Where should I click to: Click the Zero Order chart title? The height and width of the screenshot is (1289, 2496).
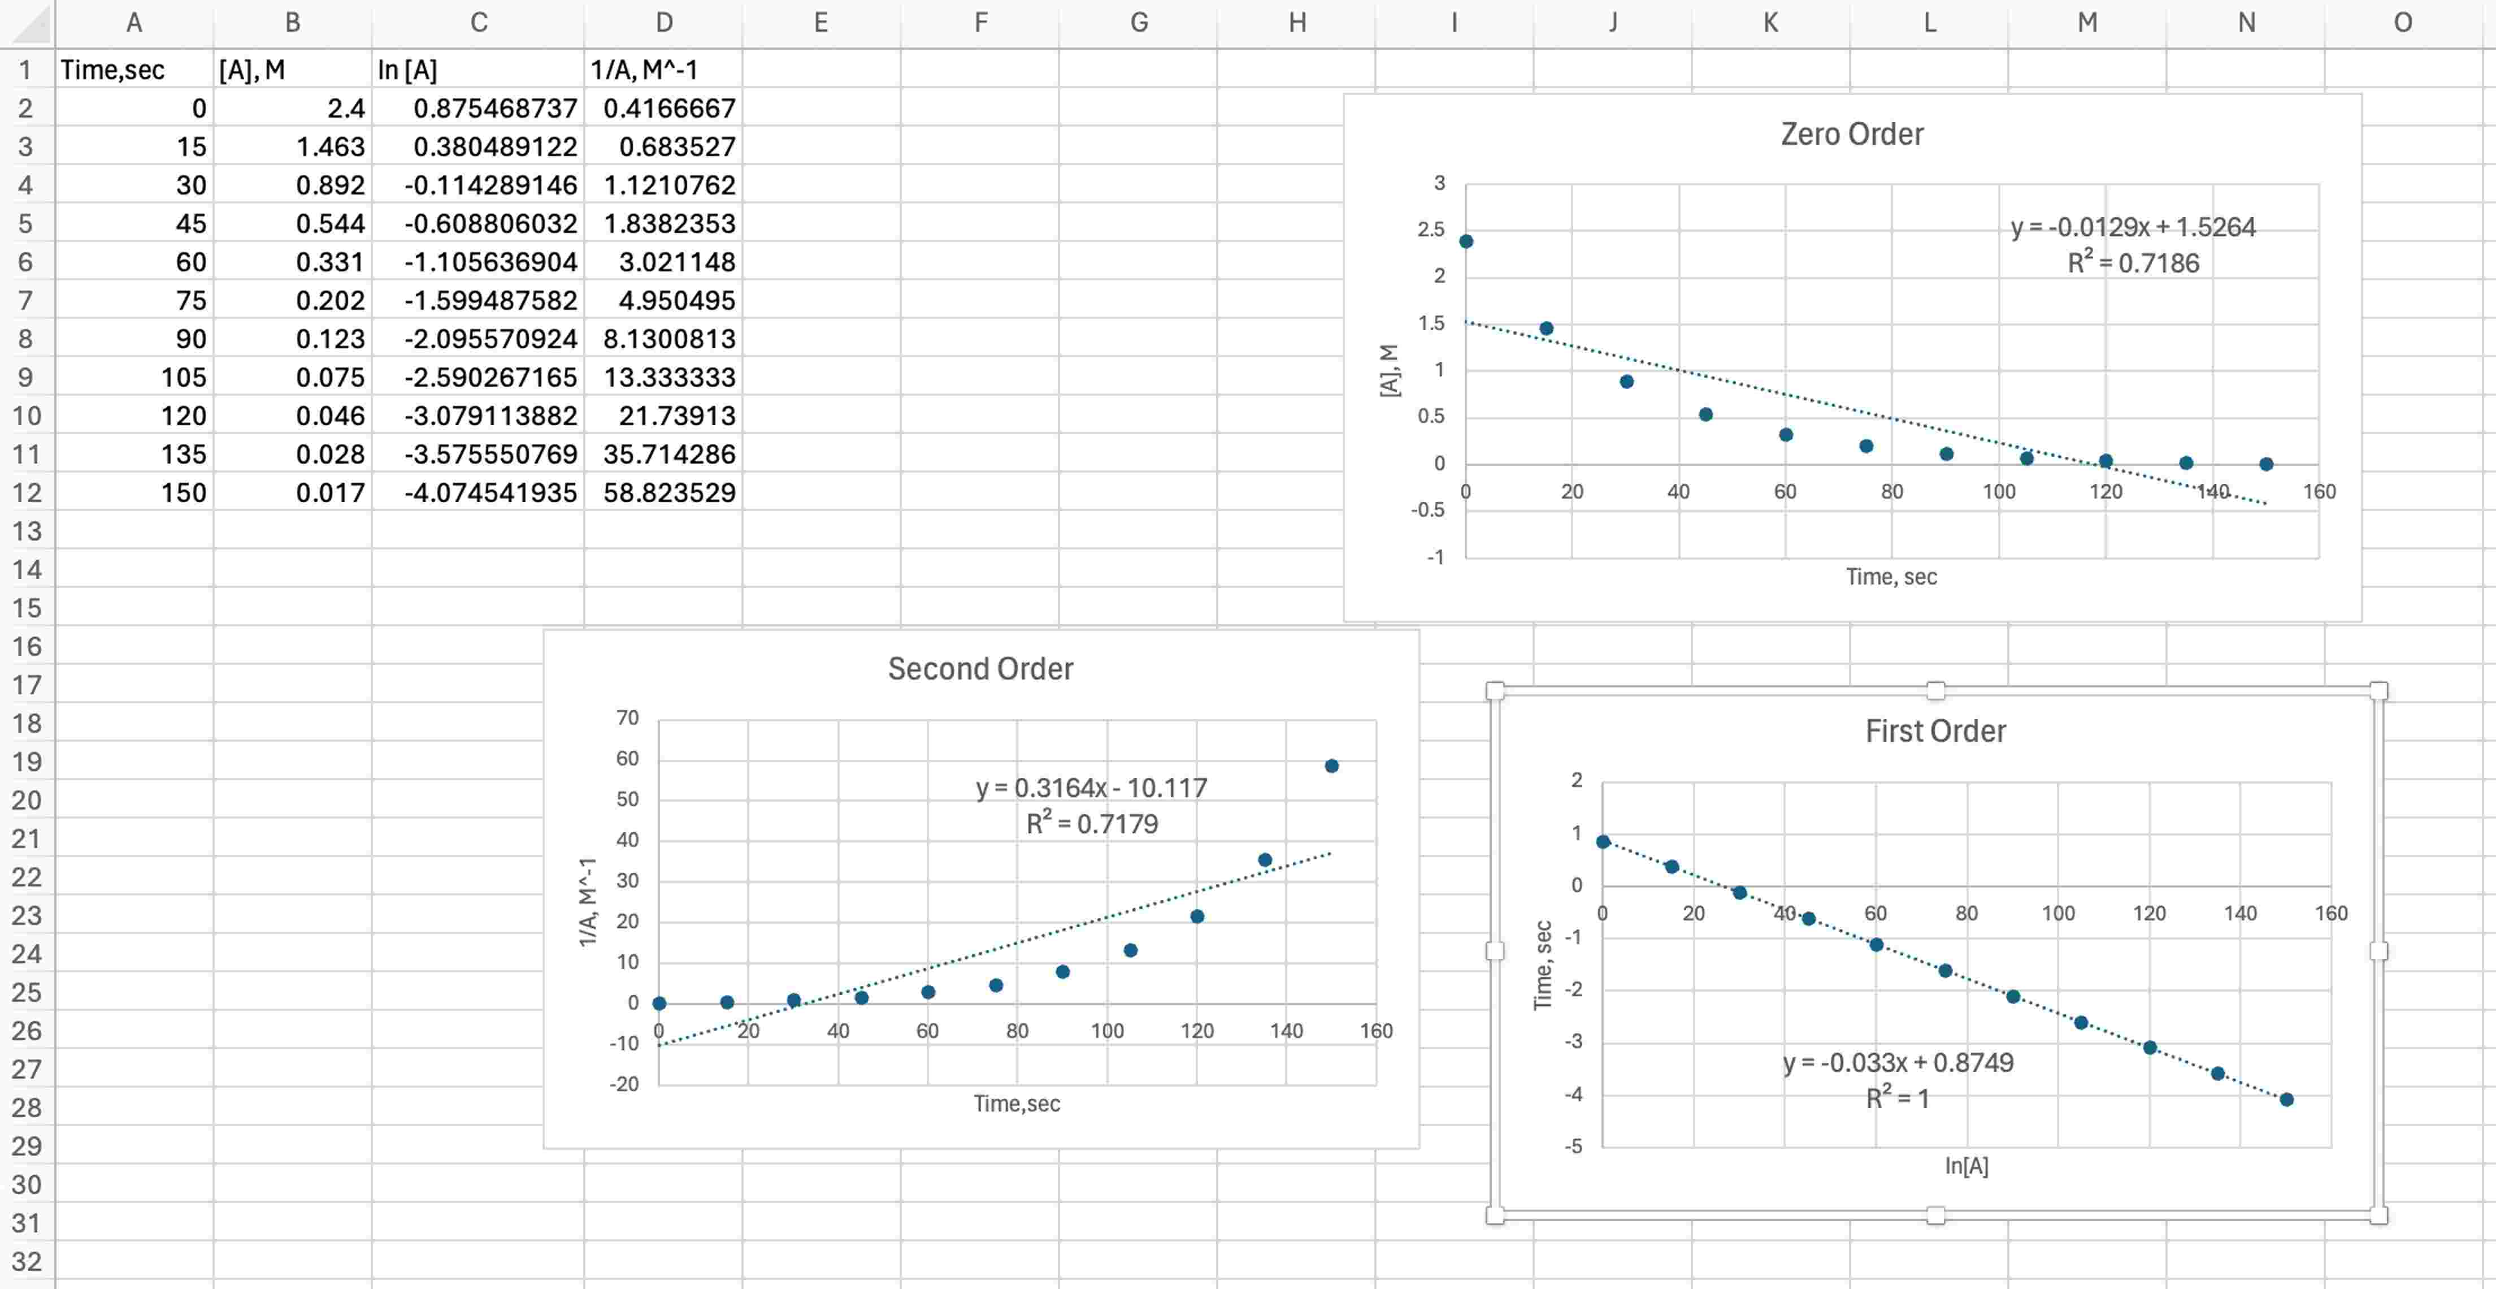tap(1852, 134)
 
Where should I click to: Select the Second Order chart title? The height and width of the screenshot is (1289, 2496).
tap(980, 669)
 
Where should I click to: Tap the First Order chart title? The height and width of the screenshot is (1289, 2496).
tap(1935, 731)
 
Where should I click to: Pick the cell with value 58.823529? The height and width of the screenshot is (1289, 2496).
tap(665, 492)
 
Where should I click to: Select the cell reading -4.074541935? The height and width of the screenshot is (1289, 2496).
tap(479, 492)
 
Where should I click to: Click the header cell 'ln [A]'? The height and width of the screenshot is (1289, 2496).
tap(479, 70)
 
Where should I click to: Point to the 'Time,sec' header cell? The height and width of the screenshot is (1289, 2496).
tap(134, 70)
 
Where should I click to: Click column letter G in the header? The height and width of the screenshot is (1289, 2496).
tap(1139, 22)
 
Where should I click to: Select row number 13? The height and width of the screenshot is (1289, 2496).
tap(27, 531)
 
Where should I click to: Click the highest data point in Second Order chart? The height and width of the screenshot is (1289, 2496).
tap(1331, 765)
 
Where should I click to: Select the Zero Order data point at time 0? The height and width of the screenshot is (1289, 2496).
tap(1466, 241)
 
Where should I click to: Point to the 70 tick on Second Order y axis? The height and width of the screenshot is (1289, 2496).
tap(627, 718)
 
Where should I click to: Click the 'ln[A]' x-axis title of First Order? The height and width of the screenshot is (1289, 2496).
tap(1966, 1166)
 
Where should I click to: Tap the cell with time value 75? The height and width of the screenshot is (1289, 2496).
tap(134, 300)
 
